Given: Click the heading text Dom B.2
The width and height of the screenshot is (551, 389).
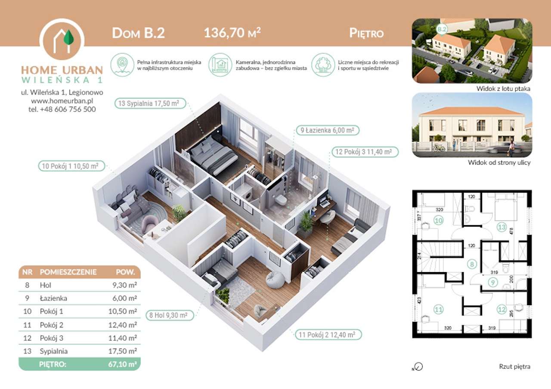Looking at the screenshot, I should [138, 33].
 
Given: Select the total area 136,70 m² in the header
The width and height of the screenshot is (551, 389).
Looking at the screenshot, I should [232, 33].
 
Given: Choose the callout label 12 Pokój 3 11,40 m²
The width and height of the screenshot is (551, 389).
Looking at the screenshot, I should [364, 152].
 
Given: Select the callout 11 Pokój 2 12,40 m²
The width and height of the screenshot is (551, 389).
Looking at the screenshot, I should [327, 334].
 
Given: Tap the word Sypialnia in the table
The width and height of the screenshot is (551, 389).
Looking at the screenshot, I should [53, 351].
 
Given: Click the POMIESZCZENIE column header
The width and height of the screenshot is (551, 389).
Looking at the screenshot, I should [68, 272].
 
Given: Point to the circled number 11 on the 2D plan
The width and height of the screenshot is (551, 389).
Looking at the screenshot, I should [438, 308].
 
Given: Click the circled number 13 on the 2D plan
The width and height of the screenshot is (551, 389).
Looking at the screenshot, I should [501, 227].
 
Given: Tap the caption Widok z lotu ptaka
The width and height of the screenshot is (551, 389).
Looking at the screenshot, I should [503, 89].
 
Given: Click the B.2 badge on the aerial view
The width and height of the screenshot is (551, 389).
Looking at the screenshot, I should [442, 29].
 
